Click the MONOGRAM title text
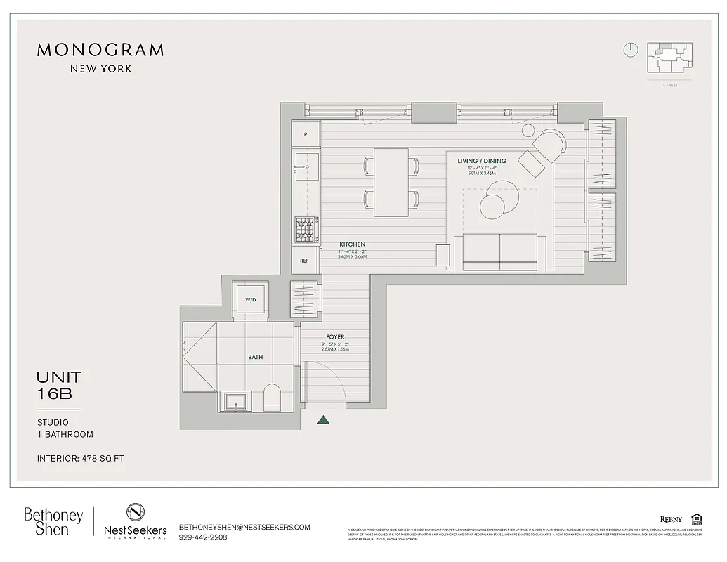(100, 50)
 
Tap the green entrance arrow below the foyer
(323, 421)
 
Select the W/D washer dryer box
(251, 299)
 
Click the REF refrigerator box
(305, 261)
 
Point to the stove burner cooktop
(305, 229)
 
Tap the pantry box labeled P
(306, 133)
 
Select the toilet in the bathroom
(272, 398)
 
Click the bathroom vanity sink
(234, 401)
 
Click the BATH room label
(255, 357)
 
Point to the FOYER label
(335, 337)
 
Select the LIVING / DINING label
(481, 161)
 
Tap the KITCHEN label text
(352, 244)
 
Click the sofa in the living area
(499, 253)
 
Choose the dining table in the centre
(391, 182)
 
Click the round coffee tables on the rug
(497, 199)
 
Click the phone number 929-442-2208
(203, 537)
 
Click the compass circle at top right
(630, 50)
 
